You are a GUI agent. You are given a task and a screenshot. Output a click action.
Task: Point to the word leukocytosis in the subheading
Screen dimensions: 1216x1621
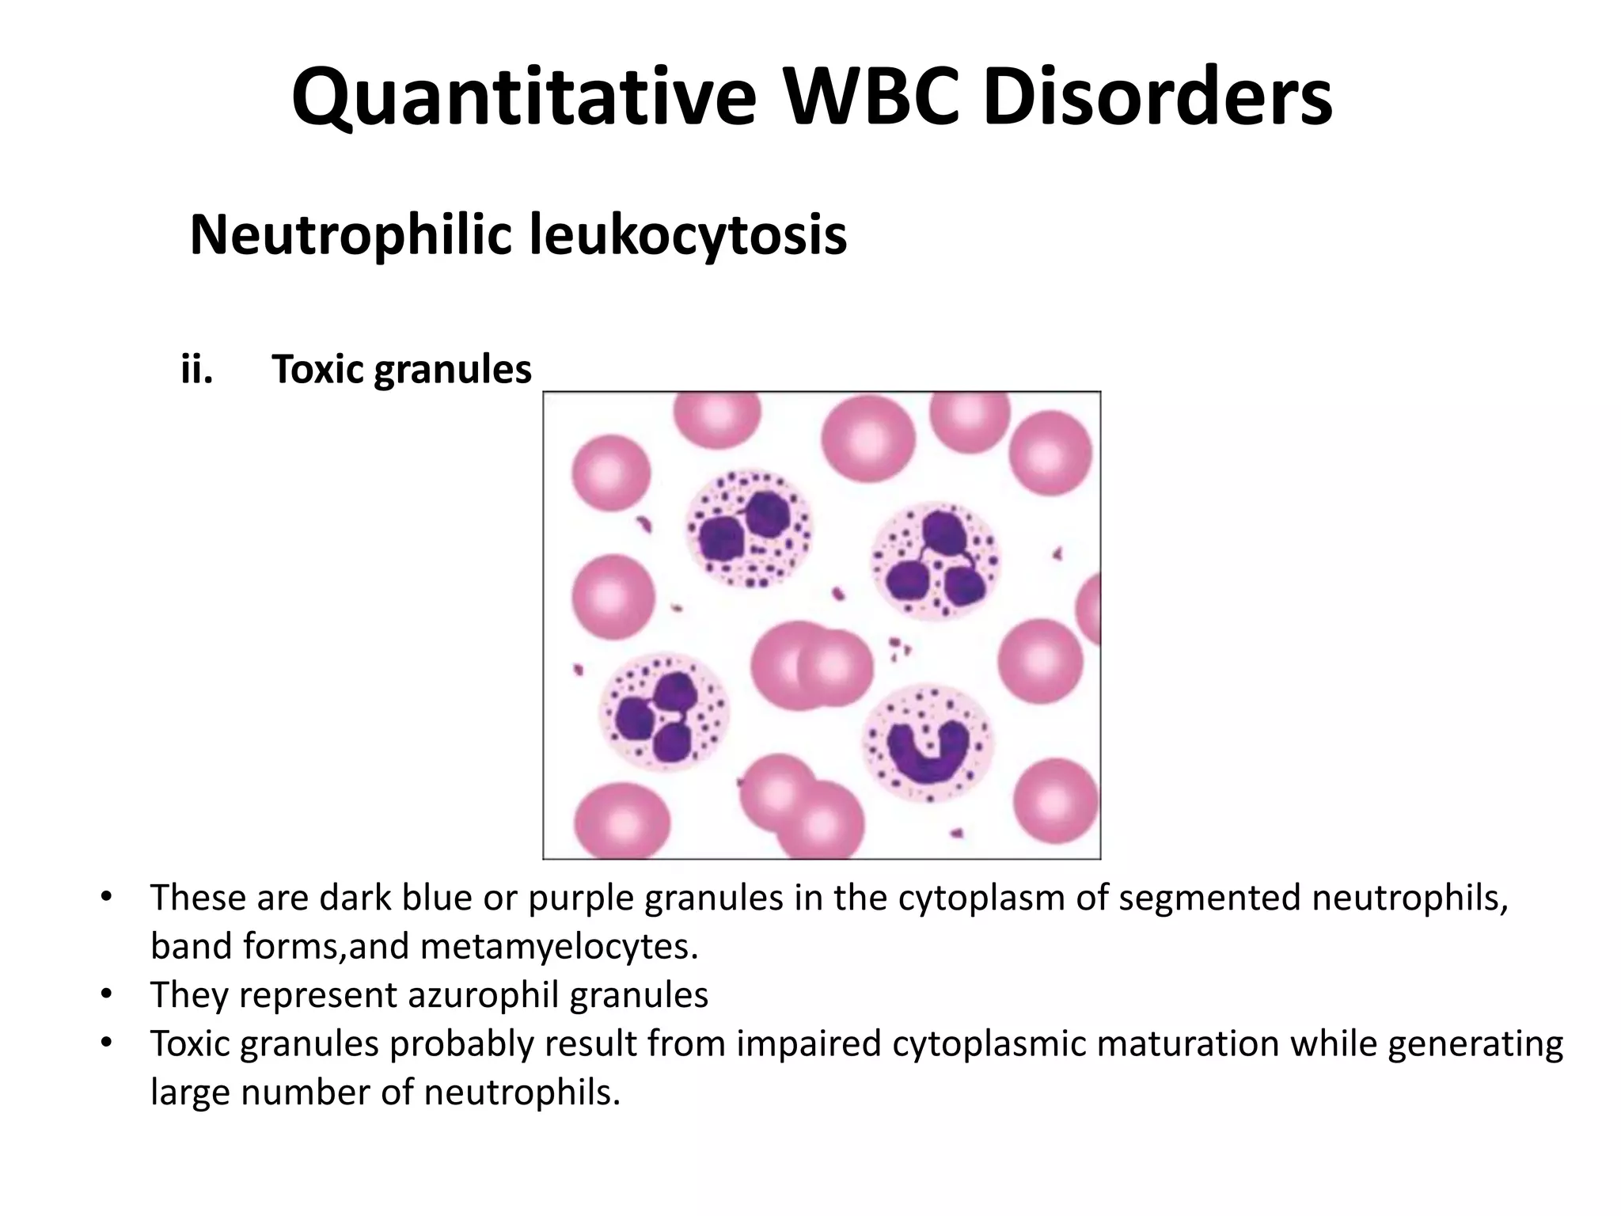click(x=688, y=235)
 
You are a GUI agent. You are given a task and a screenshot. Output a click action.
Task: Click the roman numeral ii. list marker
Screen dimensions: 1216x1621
click(x=197, y=369)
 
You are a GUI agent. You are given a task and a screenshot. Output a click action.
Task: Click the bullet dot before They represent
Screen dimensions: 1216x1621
click(x=106, y=995)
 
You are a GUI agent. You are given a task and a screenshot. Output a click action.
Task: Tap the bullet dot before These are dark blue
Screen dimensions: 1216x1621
click(x=106, y=898)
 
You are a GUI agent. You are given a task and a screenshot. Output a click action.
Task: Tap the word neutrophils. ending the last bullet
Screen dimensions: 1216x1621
click(x=522, y=1092)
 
